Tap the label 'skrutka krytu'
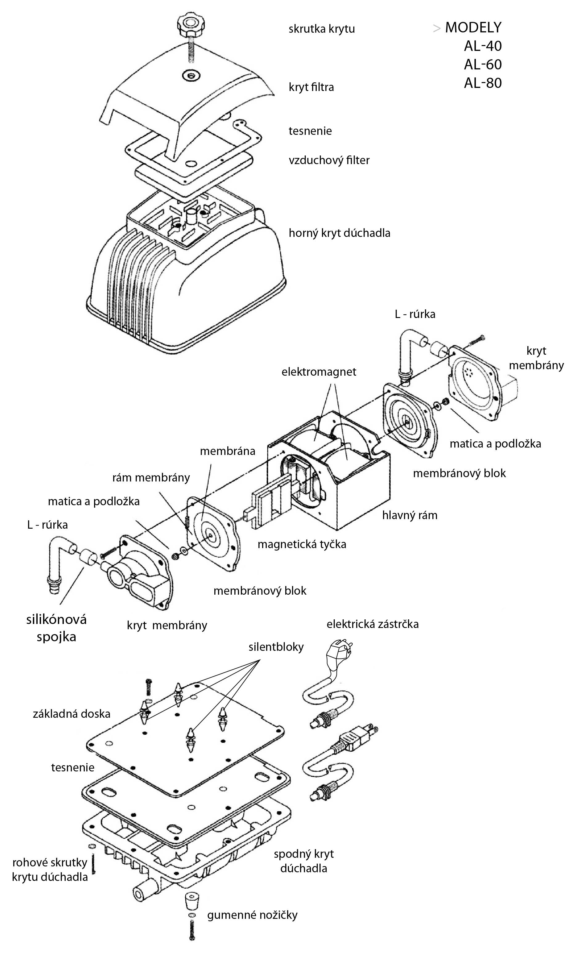coord(321,29)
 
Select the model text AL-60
coord(483,64)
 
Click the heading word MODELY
coord(473,28)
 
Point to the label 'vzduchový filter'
coord(329,160)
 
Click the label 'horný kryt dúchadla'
coord(340,233)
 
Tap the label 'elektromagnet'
coord(319,372)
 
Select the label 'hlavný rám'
coord(410,515)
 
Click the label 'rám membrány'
coord(151,478)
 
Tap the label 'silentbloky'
coord(276,647)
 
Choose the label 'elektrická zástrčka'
coord(372,624)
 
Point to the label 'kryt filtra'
coord(311,87)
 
